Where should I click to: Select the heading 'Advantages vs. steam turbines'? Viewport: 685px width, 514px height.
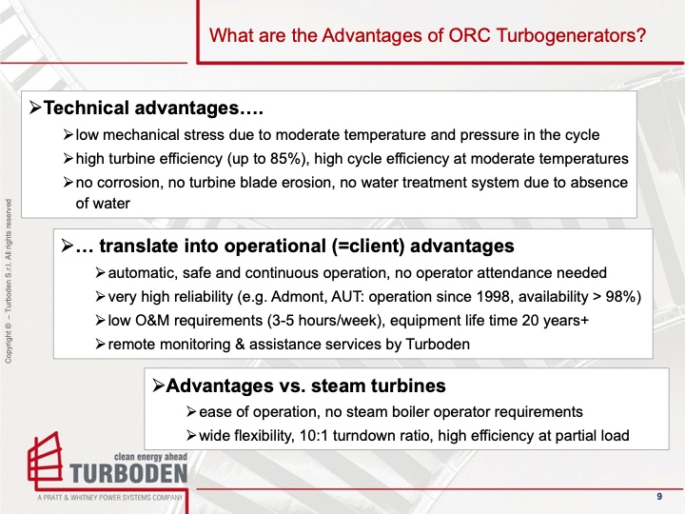pos(304,386)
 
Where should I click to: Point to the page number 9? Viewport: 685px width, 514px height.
pos(659,497)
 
